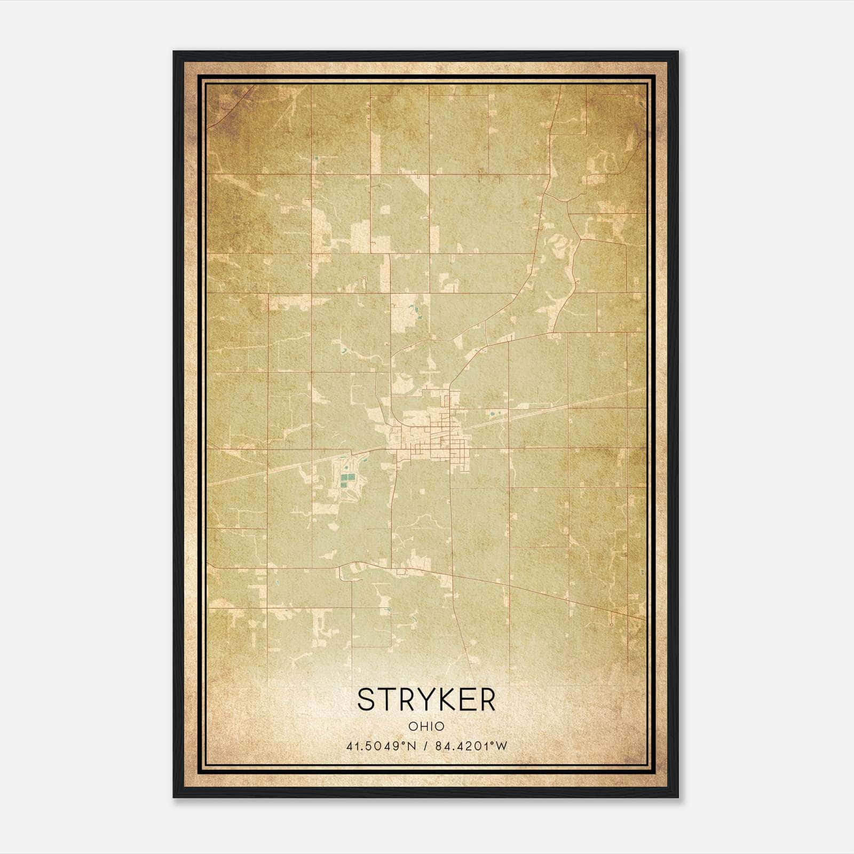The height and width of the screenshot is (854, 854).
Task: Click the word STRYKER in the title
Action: point(426,700)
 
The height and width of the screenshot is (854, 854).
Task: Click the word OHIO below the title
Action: point(426,726)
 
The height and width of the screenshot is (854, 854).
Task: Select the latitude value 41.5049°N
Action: point(378,746)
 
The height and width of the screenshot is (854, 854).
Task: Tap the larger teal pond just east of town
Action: point(491,413)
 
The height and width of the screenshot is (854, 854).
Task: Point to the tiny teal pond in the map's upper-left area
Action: point(315,158)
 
